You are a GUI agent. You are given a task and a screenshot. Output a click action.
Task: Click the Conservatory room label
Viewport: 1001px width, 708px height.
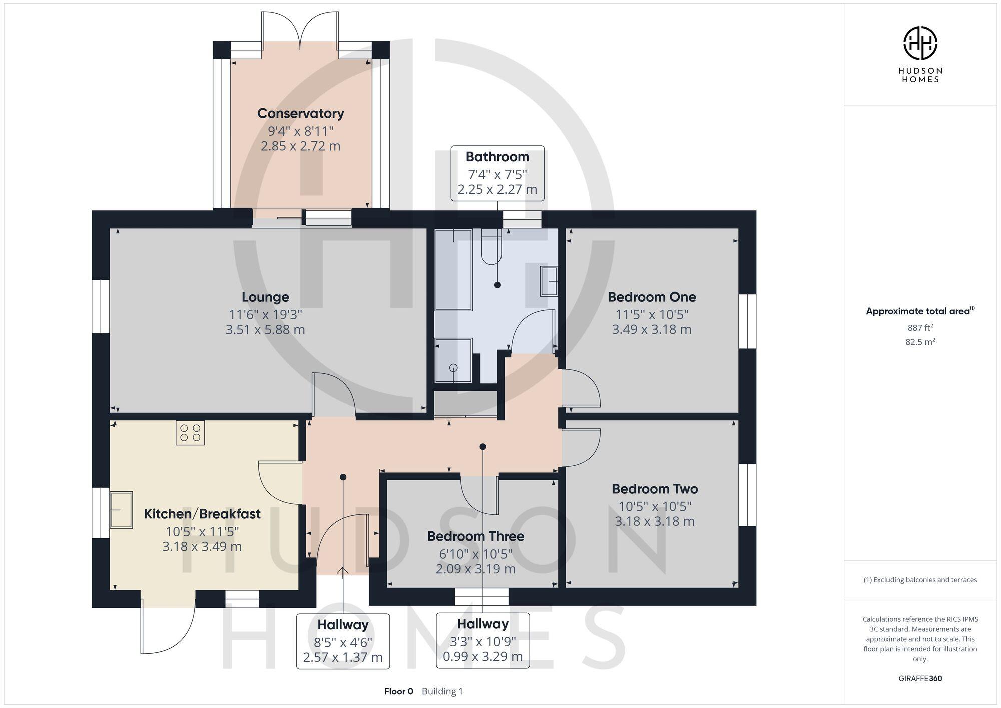(x=300, y=114)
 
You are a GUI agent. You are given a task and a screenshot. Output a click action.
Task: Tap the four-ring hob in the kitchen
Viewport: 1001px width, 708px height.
(x=190, y=433)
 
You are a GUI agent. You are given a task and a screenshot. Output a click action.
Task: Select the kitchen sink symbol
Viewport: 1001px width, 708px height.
(x=121, y=510)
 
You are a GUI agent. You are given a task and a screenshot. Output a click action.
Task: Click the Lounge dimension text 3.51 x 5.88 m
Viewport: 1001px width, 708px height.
(x=265, y=330)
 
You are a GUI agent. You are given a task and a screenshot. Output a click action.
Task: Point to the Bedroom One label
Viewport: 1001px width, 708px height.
(x=652, y=297)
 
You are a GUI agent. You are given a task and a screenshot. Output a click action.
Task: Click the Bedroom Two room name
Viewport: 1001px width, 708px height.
(x=655, y=489)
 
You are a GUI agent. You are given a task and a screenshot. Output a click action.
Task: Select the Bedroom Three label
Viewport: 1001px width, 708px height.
(x=475, y=536)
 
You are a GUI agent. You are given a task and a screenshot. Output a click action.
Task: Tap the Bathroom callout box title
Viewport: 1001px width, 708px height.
(x=497, y=157)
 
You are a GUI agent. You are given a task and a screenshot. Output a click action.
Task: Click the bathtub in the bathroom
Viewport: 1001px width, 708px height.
(x=453, y=270)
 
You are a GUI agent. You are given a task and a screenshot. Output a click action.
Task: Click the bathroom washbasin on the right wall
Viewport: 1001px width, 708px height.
(x=549, y=281)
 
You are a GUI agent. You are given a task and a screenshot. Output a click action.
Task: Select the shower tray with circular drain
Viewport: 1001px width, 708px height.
(x=453, y=360)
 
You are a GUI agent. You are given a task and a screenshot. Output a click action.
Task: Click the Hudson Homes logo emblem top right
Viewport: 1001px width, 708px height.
(x=920, y=44)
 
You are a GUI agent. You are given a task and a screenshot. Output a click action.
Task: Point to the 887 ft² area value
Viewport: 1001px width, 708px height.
(x=920, y=328)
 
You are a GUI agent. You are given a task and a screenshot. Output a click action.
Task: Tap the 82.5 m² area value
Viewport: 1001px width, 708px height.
(x=920, y=342)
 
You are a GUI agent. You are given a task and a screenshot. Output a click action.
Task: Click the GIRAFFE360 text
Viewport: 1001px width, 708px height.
(x=920, y=679)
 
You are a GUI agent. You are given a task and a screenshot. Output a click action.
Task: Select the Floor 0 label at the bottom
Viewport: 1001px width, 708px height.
(x=398, y=691)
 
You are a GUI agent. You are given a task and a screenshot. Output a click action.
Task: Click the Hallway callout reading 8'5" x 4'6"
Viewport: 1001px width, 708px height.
(x=343, y=641)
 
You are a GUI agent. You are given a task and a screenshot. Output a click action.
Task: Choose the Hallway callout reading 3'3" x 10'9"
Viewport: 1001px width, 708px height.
(x=482, y=641)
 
